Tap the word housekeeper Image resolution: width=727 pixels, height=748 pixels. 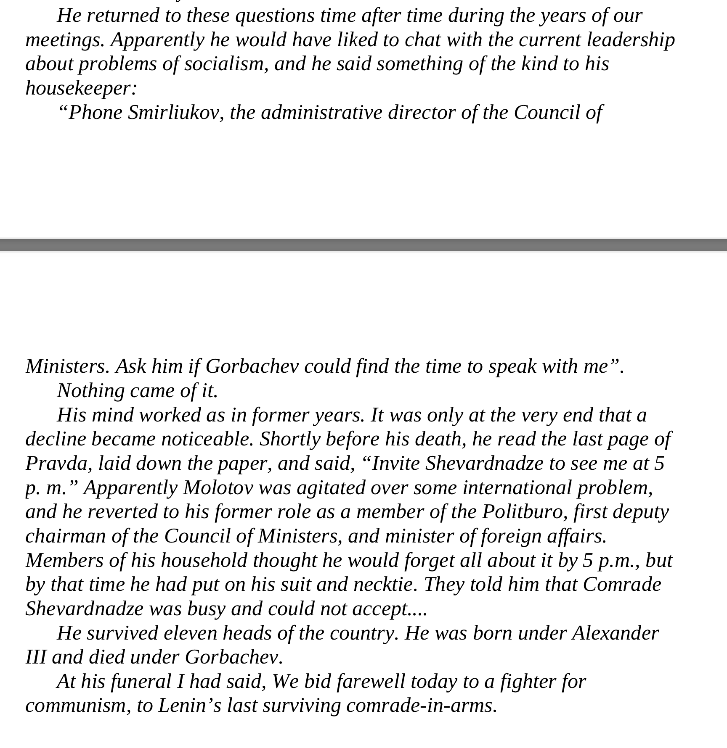click(x=81, y=88)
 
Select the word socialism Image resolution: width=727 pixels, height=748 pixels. click(x=226, y=64)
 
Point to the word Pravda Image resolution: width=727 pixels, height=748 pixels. click(x=58, y=464)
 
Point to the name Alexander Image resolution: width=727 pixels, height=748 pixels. click(x=615, y=633)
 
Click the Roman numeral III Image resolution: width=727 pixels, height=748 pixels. click(x=36, y=657)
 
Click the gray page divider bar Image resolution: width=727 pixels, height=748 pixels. click(x=363, y=245)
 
